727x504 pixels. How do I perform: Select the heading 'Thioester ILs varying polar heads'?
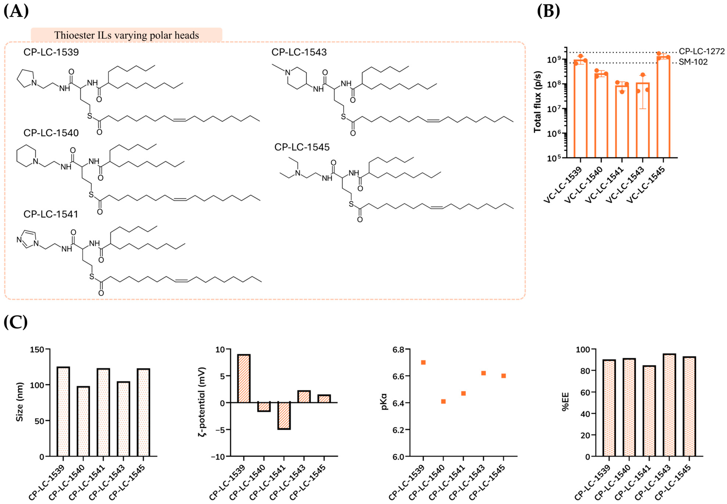tap(126, 35)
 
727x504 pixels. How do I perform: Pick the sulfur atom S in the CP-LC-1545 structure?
tap(351, 204)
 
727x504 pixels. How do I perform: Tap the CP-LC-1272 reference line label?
tap(702, 51)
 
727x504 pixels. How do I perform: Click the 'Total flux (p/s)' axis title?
tap(538, 102)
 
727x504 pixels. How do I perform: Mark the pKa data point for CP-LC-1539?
tap(423, 362)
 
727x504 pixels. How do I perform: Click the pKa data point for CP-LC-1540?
tap(443, 401)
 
